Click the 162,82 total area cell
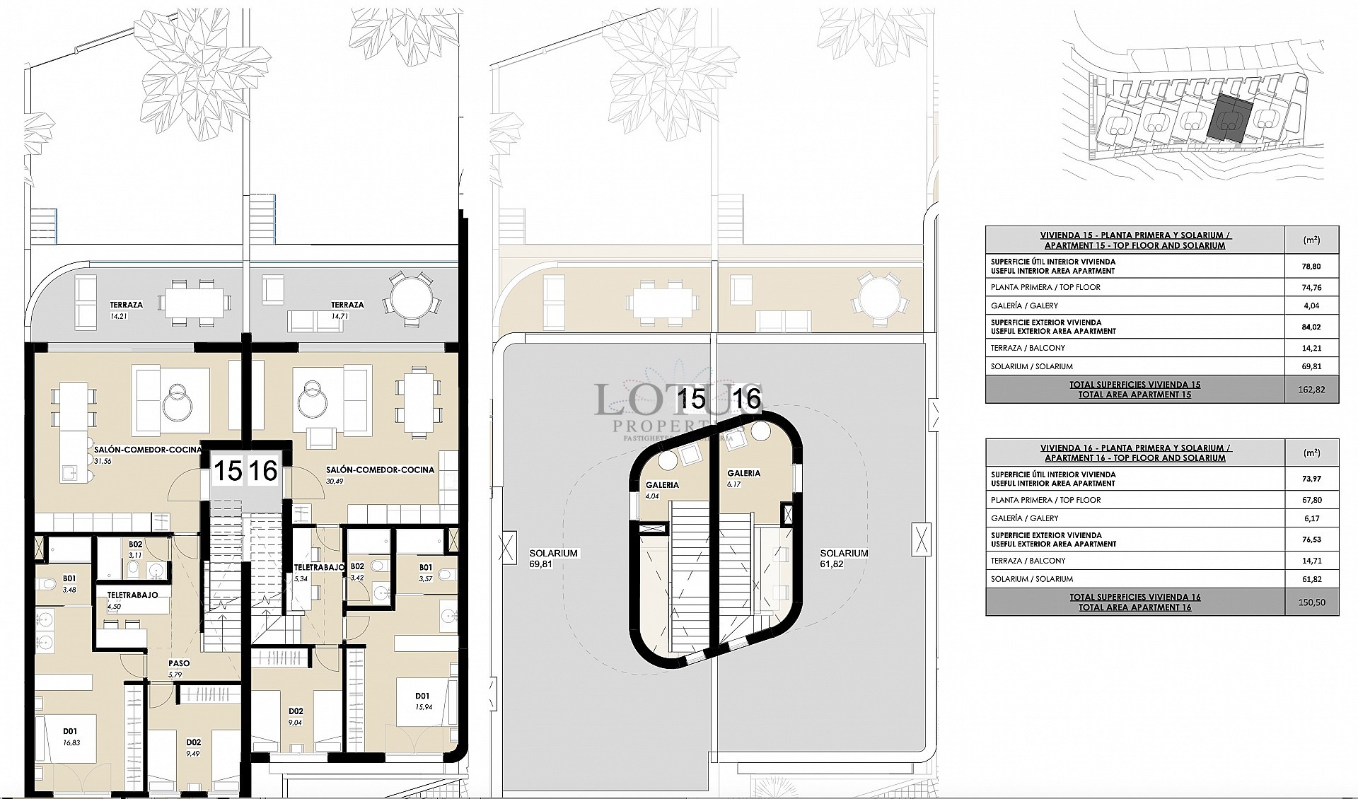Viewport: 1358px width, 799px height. [x=1311, y=390]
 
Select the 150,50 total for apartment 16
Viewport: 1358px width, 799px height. [x=1311, y=602]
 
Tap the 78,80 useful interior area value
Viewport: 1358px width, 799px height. [x=1311, y=267]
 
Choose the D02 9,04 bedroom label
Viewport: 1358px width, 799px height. [x=296, y=716]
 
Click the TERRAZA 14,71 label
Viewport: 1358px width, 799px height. [x=347, y=310]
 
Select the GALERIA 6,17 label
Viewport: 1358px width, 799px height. [x=743, y=478]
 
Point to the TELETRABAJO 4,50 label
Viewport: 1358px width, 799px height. [x=132, y=600]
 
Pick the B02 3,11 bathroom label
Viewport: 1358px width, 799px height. [x=136, y=549]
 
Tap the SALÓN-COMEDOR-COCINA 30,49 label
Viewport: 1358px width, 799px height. [x=380, y=474]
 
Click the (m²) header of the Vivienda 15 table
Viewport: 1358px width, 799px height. [x=1311, y=240]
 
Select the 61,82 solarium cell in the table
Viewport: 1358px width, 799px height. [x=1311, y=579]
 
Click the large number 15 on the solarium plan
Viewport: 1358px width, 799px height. [x=692, y=399]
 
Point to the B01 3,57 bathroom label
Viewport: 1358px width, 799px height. [x=426, y=571]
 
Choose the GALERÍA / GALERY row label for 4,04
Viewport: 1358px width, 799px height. [x=1025, y=305]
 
